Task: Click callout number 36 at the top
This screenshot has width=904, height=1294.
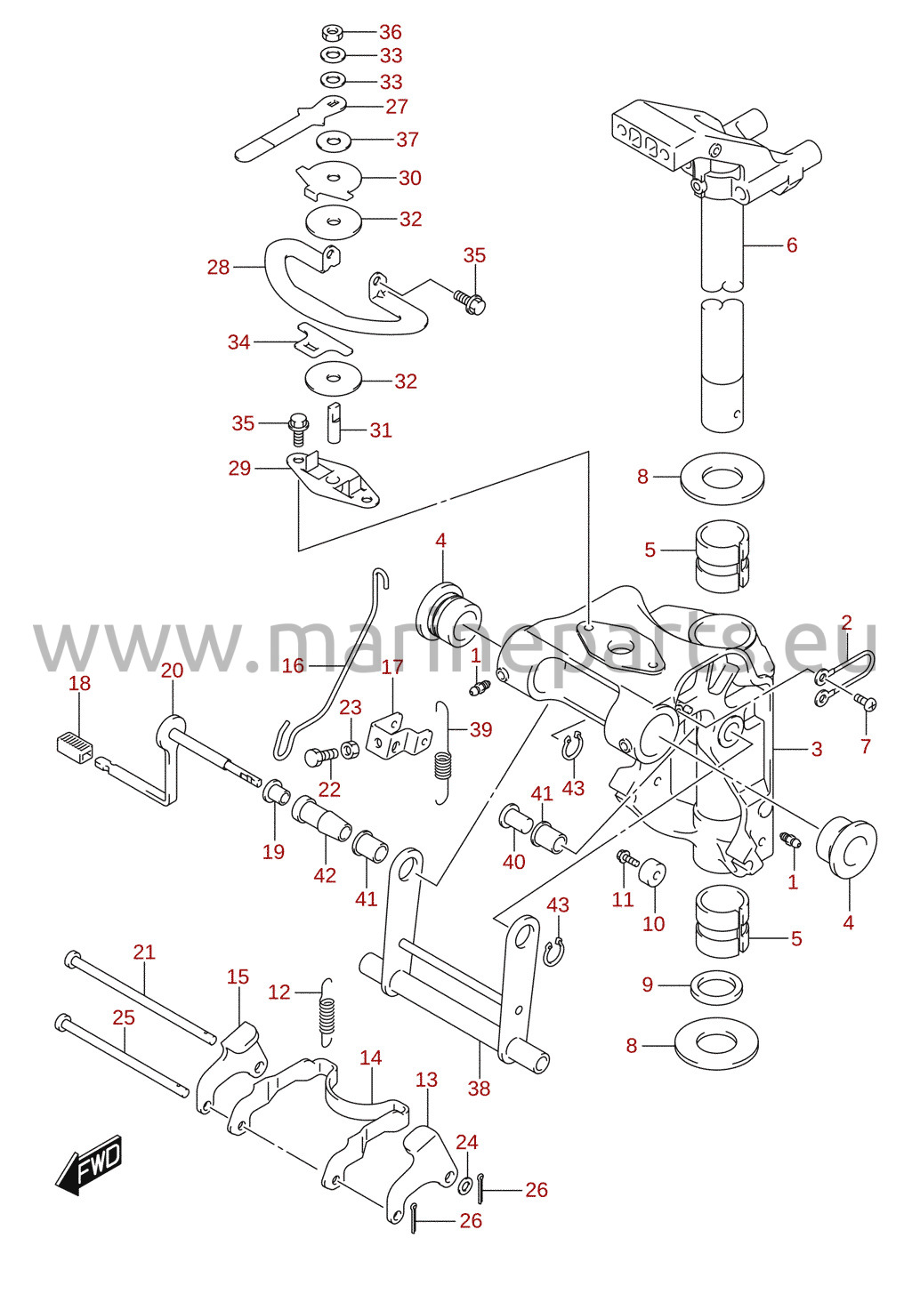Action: point(390,32)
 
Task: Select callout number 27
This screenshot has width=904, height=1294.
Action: point(397,107)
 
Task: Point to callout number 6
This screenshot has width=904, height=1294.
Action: point(792,245)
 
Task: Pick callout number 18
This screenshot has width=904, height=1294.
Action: point(80,683)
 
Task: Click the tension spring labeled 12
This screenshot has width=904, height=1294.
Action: point(327,1012)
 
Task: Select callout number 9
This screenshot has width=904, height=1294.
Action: point(648,985)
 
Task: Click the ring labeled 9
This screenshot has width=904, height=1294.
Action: point(716,987)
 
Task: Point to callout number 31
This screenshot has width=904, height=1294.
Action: point(380,430)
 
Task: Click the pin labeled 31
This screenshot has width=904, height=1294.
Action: point(335,422)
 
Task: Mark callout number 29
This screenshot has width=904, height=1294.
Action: point(240,468)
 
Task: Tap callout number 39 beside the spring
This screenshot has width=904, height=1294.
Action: point(480,729)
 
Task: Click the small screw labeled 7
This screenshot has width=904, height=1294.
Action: point(867,702)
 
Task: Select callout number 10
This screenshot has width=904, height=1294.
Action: point(654,924)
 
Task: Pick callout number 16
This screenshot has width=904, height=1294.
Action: point(293,665)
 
